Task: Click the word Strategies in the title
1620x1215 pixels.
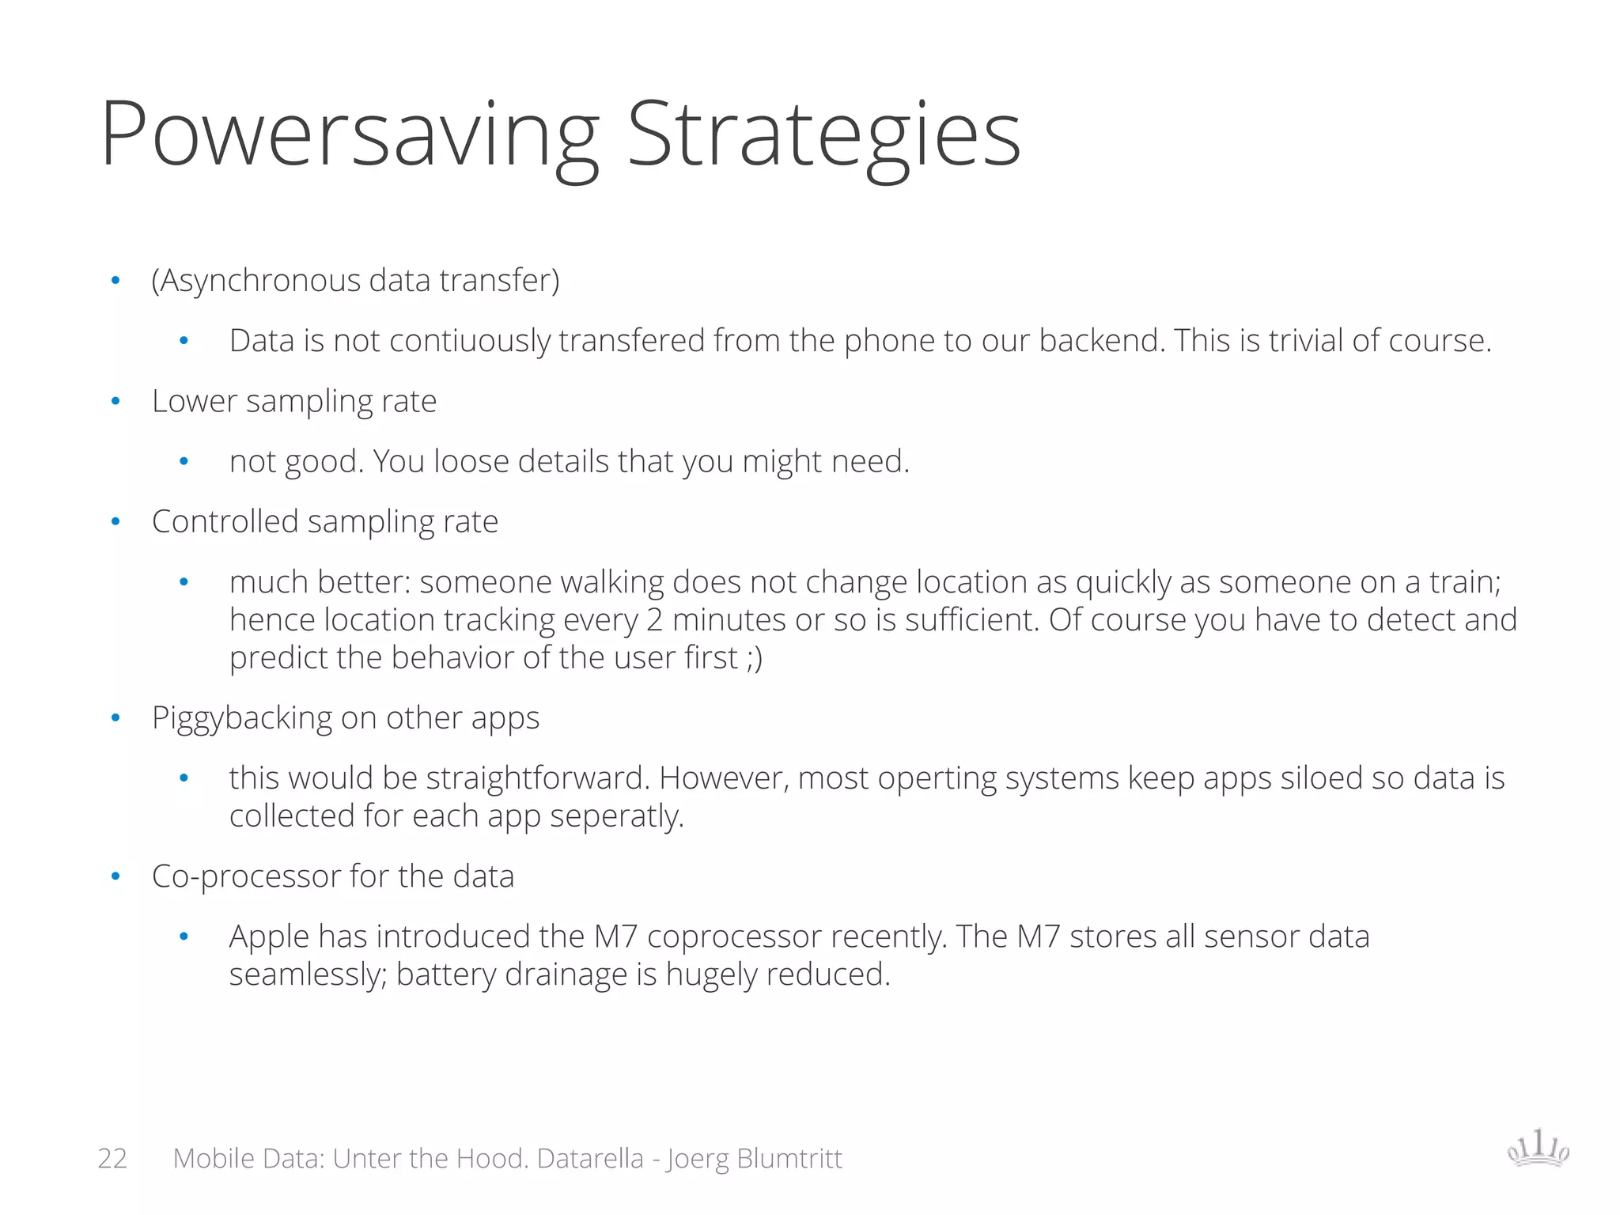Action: click(x=823, y=134)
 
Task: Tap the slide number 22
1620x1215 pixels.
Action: click(x=112, y=1158)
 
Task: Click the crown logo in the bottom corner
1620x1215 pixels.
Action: click(x=1538, y=1148)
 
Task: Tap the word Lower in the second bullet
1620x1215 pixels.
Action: click(x=194, y=401)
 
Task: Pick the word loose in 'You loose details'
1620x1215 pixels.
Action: click(x=471, y=461)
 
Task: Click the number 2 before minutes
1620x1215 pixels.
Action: click(x=654, y=620)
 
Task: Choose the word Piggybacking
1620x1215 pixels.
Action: click(x=242, y=718)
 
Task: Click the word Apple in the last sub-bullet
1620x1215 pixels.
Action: click(x=269, y=937)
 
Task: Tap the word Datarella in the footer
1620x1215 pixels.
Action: click(x=590, y=1158)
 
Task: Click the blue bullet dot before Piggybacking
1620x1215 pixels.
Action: click(x=115, y=718)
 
